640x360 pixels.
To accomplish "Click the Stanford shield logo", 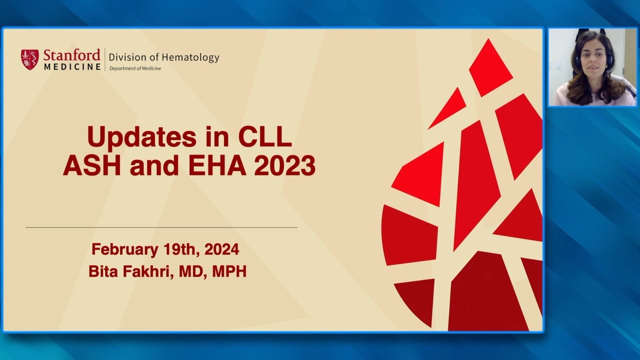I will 29,59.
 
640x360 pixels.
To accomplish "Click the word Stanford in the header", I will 71,54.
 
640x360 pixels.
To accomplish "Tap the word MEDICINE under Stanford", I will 71,66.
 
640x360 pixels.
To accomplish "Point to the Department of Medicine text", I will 135,68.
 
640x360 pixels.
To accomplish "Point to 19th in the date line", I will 184,249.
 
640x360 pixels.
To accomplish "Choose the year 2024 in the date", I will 221,249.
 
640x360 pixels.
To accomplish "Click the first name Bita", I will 103,272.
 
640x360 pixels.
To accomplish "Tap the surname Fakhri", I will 144,272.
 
